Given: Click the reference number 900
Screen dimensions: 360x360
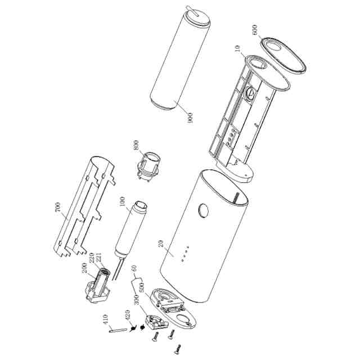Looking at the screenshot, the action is click(190, 118).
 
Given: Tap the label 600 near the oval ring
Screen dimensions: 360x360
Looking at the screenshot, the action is click(255, 30).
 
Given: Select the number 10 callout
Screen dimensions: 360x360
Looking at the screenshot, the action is click(237, 49).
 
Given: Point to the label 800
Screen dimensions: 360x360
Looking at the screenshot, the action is click(136, 145).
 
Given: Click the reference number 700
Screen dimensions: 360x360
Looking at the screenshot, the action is click(58, 208).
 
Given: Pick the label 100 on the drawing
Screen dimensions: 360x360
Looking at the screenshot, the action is click(122, 202).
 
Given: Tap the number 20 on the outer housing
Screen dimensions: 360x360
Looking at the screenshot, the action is click(161, 244).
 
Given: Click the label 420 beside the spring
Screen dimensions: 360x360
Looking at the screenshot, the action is click(127, 316).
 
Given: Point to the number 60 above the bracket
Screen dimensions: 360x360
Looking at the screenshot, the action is click(134, 269).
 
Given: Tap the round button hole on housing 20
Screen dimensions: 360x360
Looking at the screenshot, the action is click(204, 210).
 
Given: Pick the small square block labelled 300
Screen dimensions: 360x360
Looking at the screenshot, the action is click(156, 322).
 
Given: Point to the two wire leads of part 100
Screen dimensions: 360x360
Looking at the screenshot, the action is click(117, 269).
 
